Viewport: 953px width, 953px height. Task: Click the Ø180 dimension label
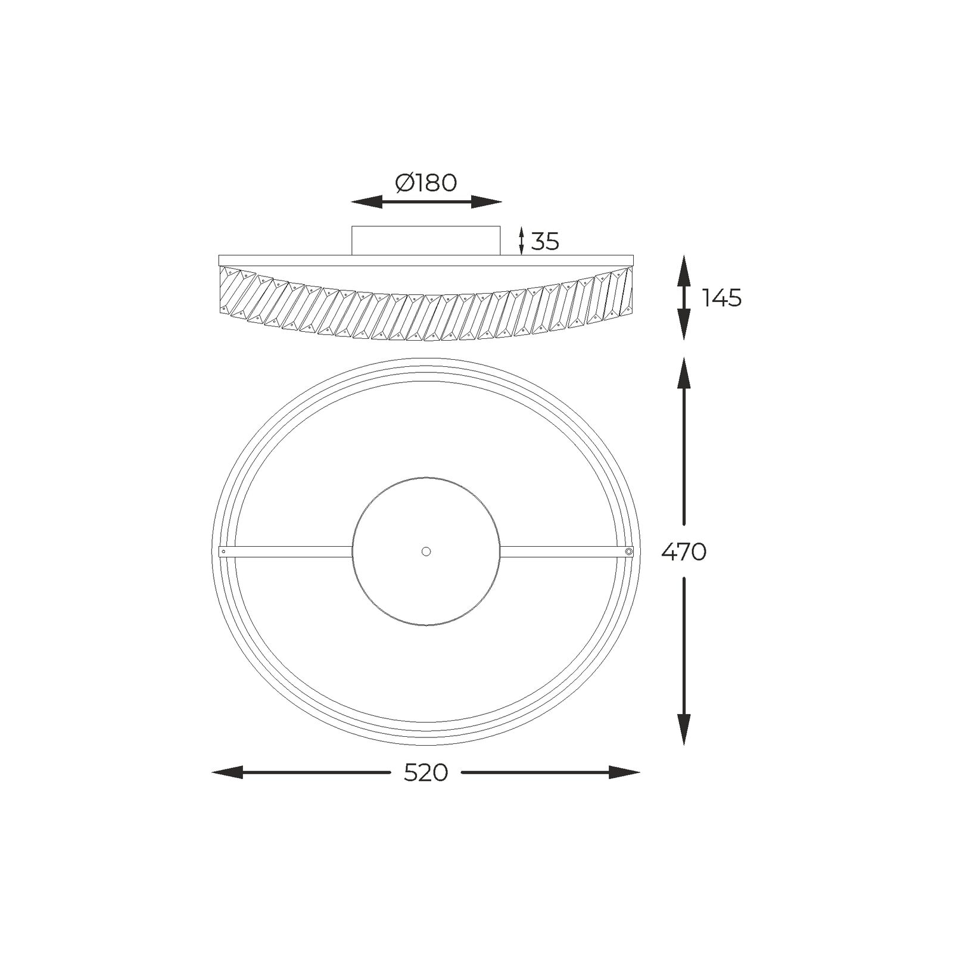(426, 183)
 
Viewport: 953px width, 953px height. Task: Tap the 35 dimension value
(545, 242)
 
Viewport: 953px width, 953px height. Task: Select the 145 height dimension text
(722, 298)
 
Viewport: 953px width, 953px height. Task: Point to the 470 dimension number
(684, 552)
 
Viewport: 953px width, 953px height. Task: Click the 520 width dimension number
(426, 773)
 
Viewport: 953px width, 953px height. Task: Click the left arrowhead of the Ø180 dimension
(366, 202)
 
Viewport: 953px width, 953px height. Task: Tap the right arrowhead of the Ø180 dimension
(486, 202)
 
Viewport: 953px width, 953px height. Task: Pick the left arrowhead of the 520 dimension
(228, 773)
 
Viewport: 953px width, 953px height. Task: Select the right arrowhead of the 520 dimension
(624, 773)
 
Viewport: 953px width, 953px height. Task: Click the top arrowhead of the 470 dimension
(684, 373)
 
